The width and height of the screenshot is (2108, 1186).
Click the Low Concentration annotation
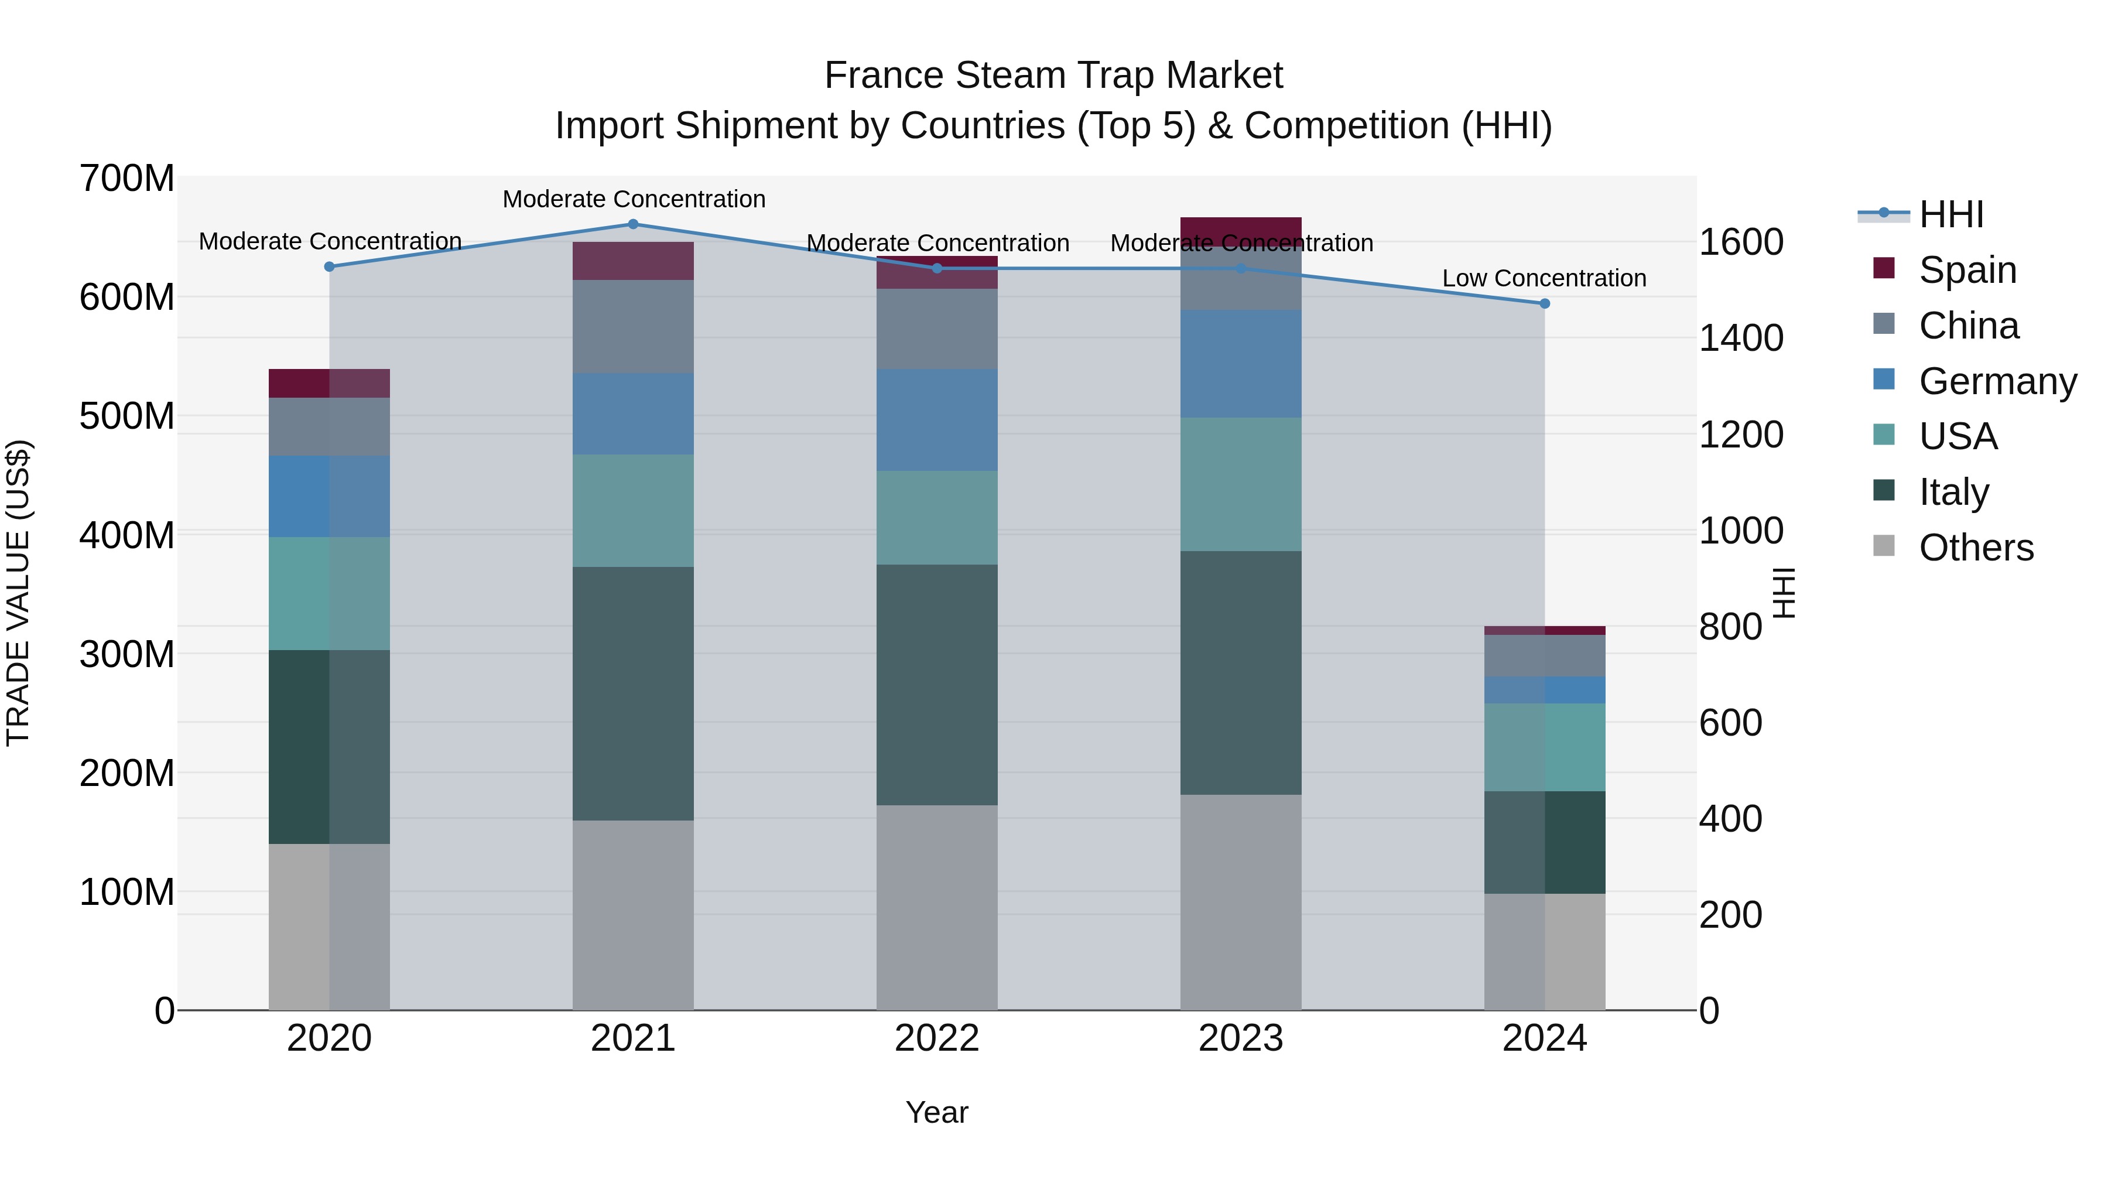click(1544, 278)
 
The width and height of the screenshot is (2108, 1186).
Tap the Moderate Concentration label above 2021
click(634, 199)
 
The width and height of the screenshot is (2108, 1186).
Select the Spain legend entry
click(1967, 270)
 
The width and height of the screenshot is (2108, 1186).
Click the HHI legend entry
click(1951, 214)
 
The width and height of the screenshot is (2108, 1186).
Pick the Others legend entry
click(1976, 548)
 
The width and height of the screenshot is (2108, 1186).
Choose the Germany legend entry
click(1997, 381)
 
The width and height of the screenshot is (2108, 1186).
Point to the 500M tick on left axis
click(127, 416)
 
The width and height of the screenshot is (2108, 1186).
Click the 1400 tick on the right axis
click(1741, 338)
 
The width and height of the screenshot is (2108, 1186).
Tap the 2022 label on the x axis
click(937, 1038)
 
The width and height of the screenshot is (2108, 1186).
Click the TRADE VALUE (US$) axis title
click(18, 593)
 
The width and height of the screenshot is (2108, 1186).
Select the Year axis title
click(937, 1112)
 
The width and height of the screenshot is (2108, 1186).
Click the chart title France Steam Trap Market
click(1053, 76)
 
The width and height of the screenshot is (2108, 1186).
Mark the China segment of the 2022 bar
click(937, 329)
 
